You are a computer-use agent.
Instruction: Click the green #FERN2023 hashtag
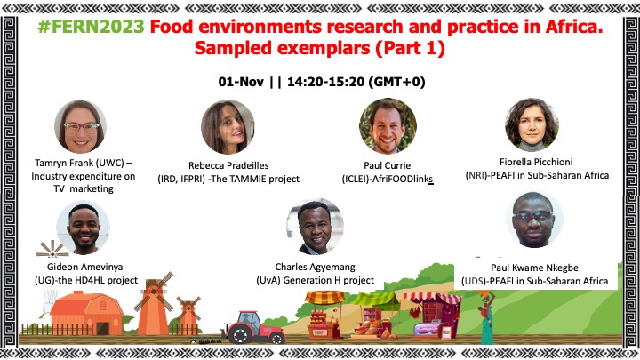(91, 27)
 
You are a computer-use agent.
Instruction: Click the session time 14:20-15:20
(325, 82)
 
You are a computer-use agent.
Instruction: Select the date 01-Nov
(241, 82)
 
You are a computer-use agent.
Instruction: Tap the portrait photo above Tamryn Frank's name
(81, 126)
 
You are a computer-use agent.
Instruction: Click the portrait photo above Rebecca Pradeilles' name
(228, 127)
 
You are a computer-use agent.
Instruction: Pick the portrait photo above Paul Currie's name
(388, 126)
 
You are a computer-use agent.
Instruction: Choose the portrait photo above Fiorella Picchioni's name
(532, 124)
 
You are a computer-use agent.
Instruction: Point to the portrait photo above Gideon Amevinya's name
(84, 228)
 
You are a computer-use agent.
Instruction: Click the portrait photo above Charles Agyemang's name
(315, 227)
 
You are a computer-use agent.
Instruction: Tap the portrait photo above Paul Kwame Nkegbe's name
(535, 220)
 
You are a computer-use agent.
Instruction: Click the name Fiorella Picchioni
(536, 162)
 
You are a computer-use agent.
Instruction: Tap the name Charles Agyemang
(315, 267)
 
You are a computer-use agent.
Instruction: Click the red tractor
(253, 327)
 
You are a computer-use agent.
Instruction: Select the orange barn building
(86, 313)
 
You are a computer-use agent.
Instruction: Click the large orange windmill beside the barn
(154, 304)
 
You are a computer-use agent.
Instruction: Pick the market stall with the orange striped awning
(324, 315)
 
